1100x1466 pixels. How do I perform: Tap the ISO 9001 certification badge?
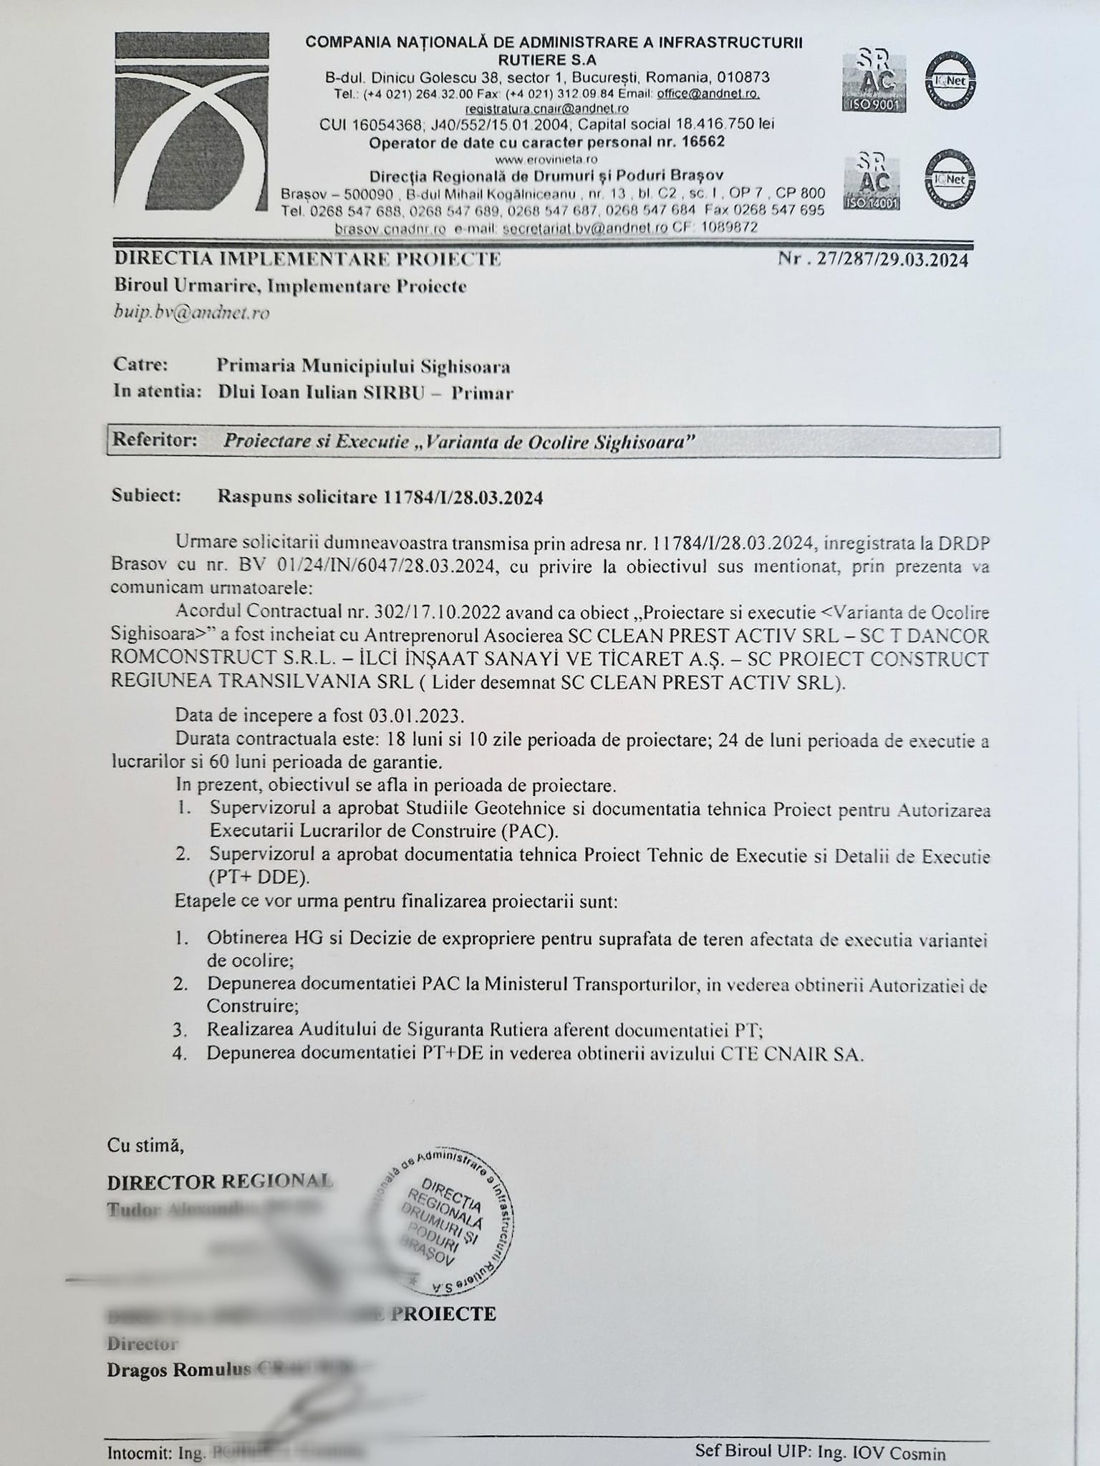pos(874,81)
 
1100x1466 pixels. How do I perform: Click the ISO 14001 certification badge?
pos(872,180)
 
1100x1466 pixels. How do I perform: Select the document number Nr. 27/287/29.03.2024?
pos(873,259)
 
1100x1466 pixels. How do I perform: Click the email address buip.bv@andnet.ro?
pos(191,313)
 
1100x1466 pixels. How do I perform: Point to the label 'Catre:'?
pos(141,365)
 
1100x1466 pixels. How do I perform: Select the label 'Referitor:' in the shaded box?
pos(155,440)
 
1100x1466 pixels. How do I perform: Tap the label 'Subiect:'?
pos(147,495)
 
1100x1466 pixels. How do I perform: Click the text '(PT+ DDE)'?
pos(259,878)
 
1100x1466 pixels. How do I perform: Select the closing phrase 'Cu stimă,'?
pos(145,1145)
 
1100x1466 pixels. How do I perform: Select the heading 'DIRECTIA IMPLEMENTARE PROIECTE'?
pos(307,259)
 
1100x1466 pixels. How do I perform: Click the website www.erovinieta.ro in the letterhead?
pos(546,159)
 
